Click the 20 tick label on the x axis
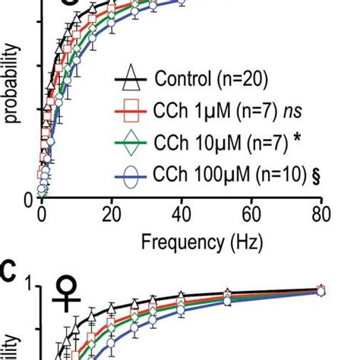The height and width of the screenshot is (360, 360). pos(111,213)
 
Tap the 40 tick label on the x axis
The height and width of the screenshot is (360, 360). pos(182,213)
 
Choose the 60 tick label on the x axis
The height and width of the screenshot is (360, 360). pos(252,213)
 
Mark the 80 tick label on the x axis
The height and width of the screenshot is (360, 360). pos(321,213)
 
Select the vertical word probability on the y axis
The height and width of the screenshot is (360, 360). pos(14,82)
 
